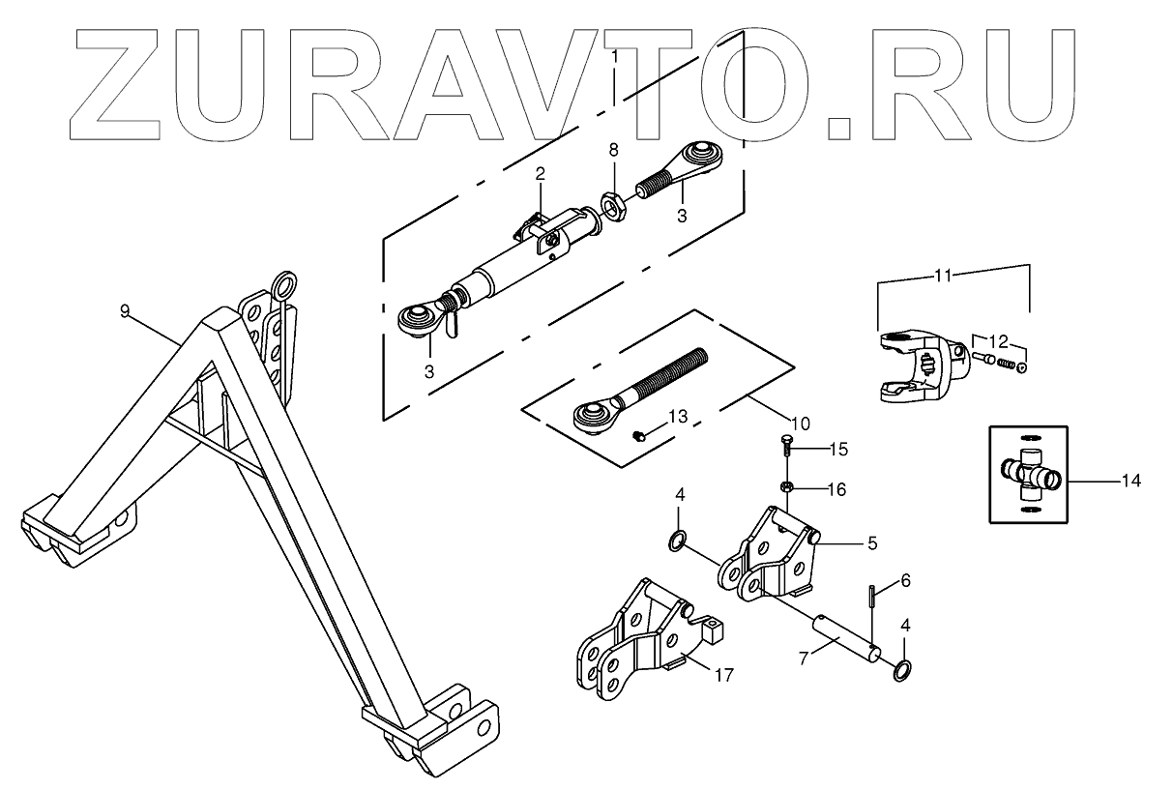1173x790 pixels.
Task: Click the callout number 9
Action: (x=125, y=310)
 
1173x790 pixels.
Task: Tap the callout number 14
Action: (x=1130, y=481)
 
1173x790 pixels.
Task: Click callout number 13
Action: (x=677, y=416)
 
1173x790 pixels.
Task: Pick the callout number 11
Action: (x=944, y=276)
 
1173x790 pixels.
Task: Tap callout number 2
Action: (x=541, y=174)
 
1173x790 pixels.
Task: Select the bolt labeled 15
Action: (x=786, y=448)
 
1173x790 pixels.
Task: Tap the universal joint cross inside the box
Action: (x=1033, y=474)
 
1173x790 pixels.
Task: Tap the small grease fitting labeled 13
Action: (x=639, y=437)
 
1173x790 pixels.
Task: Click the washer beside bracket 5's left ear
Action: (x=679, y=538)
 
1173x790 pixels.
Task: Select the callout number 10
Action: (x=801, y=423)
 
